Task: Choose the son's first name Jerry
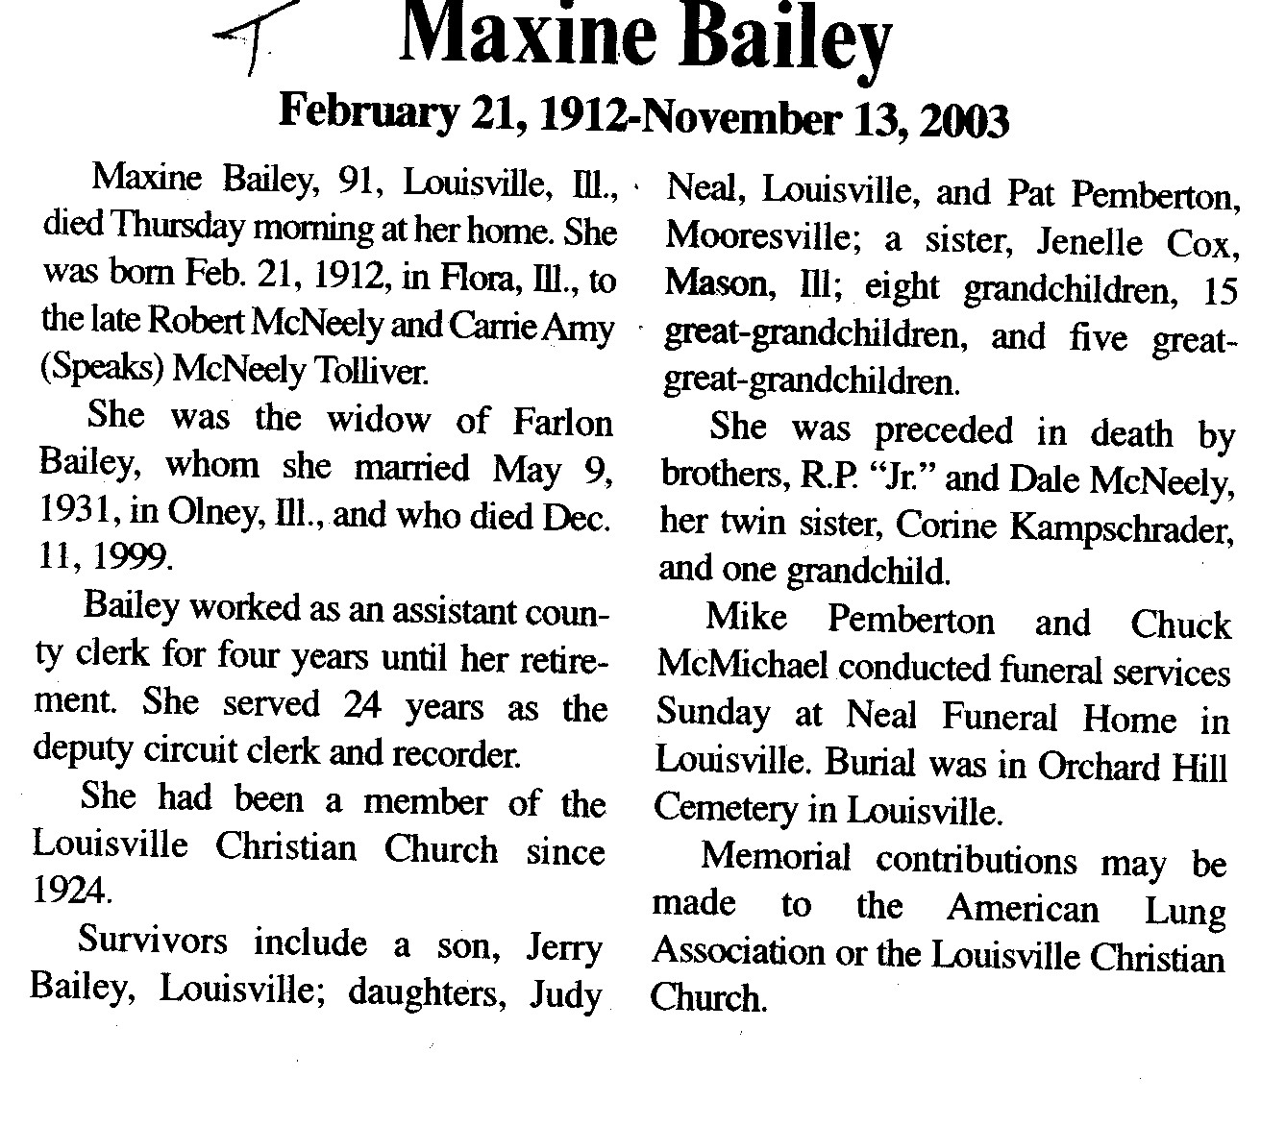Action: (564, 946)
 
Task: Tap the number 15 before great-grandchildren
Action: (1219, 290)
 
